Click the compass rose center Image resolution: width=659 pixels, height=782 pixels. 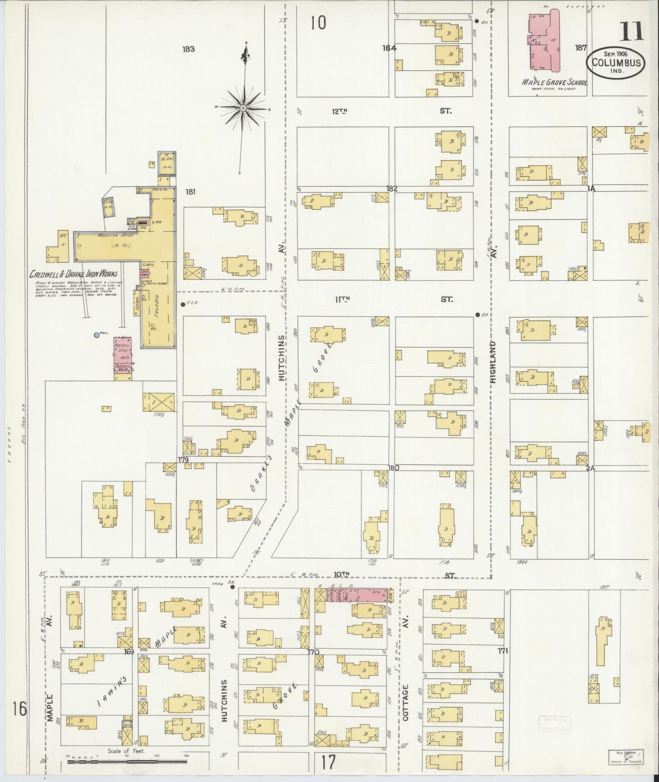[244, 108]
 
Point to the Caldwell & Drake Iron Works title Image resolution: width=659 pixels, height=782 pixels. [73, 274]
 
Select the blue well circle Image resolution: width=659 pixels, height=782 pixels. [96, 335]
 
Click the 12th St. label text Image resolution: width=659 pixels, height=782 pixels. [340, 111]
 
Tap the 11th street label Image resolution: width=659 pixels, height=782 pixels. [342, 299]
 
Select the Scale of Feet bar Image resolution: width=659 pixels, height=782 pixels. [125, 762]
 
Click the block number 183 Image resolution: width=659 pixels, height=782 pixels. [188, 49]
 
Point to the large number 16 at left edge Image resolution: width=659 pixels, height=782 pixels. [20, 709]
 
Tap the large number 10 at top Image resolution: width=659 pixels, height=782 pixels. [318, 22]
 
